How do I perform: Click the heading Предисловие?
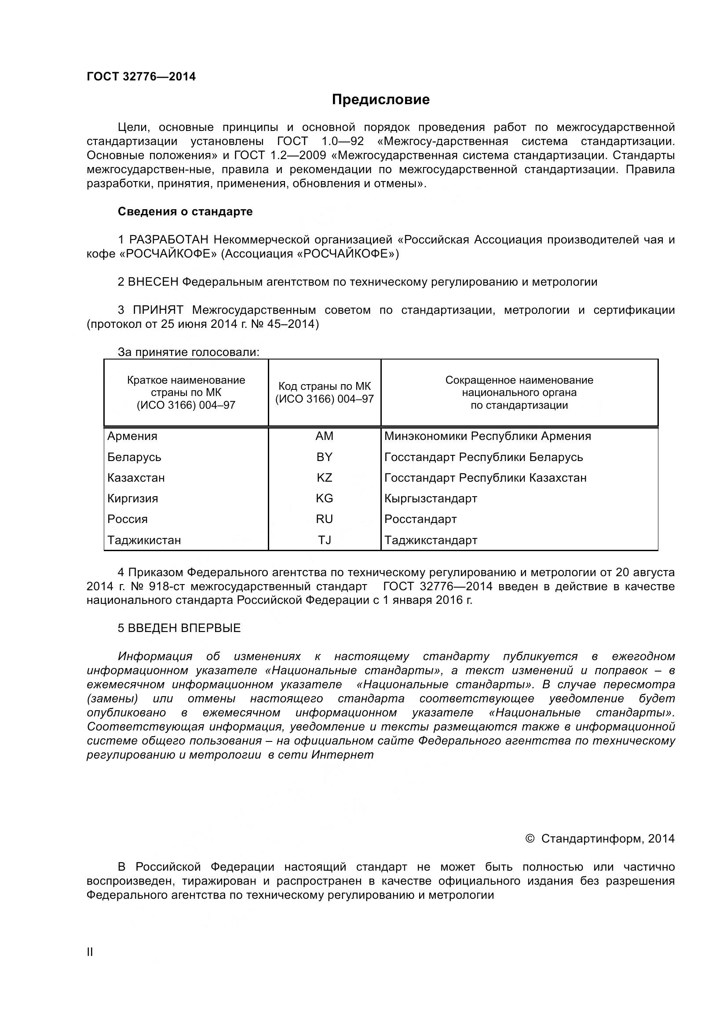tap(380, 99)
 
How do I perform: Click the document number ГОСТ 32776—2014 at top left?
tap(141, 76)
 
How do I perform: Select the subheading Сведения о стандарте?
tap(185, 211)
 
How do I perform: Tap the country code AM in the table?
tap(324, 436)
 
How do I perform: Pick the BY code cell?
tap(324, 457)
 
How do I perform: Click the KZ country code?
tap(324, 478)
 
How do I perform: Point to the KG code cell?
tap(324, 498)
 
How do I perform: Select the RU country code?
tap(324, 519)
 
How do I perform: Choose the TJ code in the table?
tap(324, 540)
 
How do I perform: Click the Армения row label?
tap(132, 436)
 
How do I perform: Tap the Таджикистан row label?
tap(144, 540)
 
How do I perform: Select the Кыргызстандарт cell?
tap(431, 498)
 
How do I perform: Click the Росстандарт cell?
tap(420, 519)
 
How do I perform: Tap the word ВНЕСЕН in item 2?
tap(153, 282)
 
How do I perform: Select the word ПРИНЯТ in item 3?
tap(158, 310)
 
